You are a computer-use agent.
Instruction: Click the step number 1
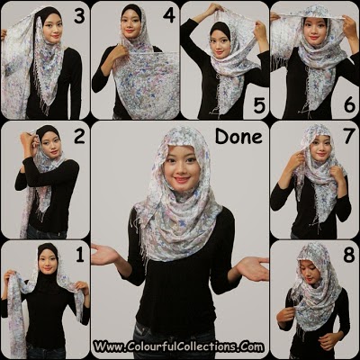click(x=80, y=256)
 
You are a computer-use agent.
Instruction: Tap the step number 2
click(x=79, y=136)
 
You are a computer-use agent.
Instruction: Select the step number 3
click(x=79, y=16)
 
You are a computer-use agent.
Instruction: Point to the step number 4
click(x=169, y=15)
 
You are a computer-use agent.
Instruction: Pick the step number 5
click(x=259, y=105)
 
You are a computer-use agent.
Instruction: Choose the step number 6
click(x=349, y=105)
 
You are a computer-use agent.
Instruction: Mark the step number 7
click(x=349, y=136)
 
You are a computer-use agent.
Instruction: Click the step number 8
click(x=349, y=256)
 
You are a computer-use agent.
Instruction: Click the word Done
click(x=238, y=137)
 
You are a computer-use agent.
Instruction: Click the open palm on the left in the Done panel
click(x=105, y=255)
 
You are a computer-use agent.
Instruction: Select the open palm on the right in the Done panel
click(x=253, y=268)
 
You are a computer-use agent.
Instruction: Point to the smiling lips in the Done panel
click(x=183, y=180)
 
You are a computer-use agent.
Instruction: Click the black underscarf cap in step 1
click(x=47, y=251)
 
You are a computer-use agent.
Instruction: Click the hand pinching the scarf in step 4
click(x=120, y=51)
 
